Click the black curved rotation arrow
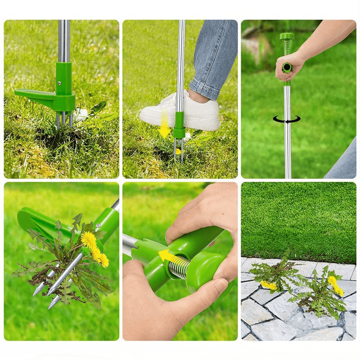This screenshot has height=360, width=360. point(287,120)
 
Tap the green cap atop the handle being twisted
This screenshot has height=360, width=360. point(287,36)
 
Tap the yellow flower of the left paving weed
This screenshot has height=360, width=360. point(269,285)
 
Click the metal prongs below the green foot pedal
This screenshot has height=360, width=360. point(63,120)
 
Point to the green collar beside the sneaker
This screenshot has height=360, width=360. point(179,125)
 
